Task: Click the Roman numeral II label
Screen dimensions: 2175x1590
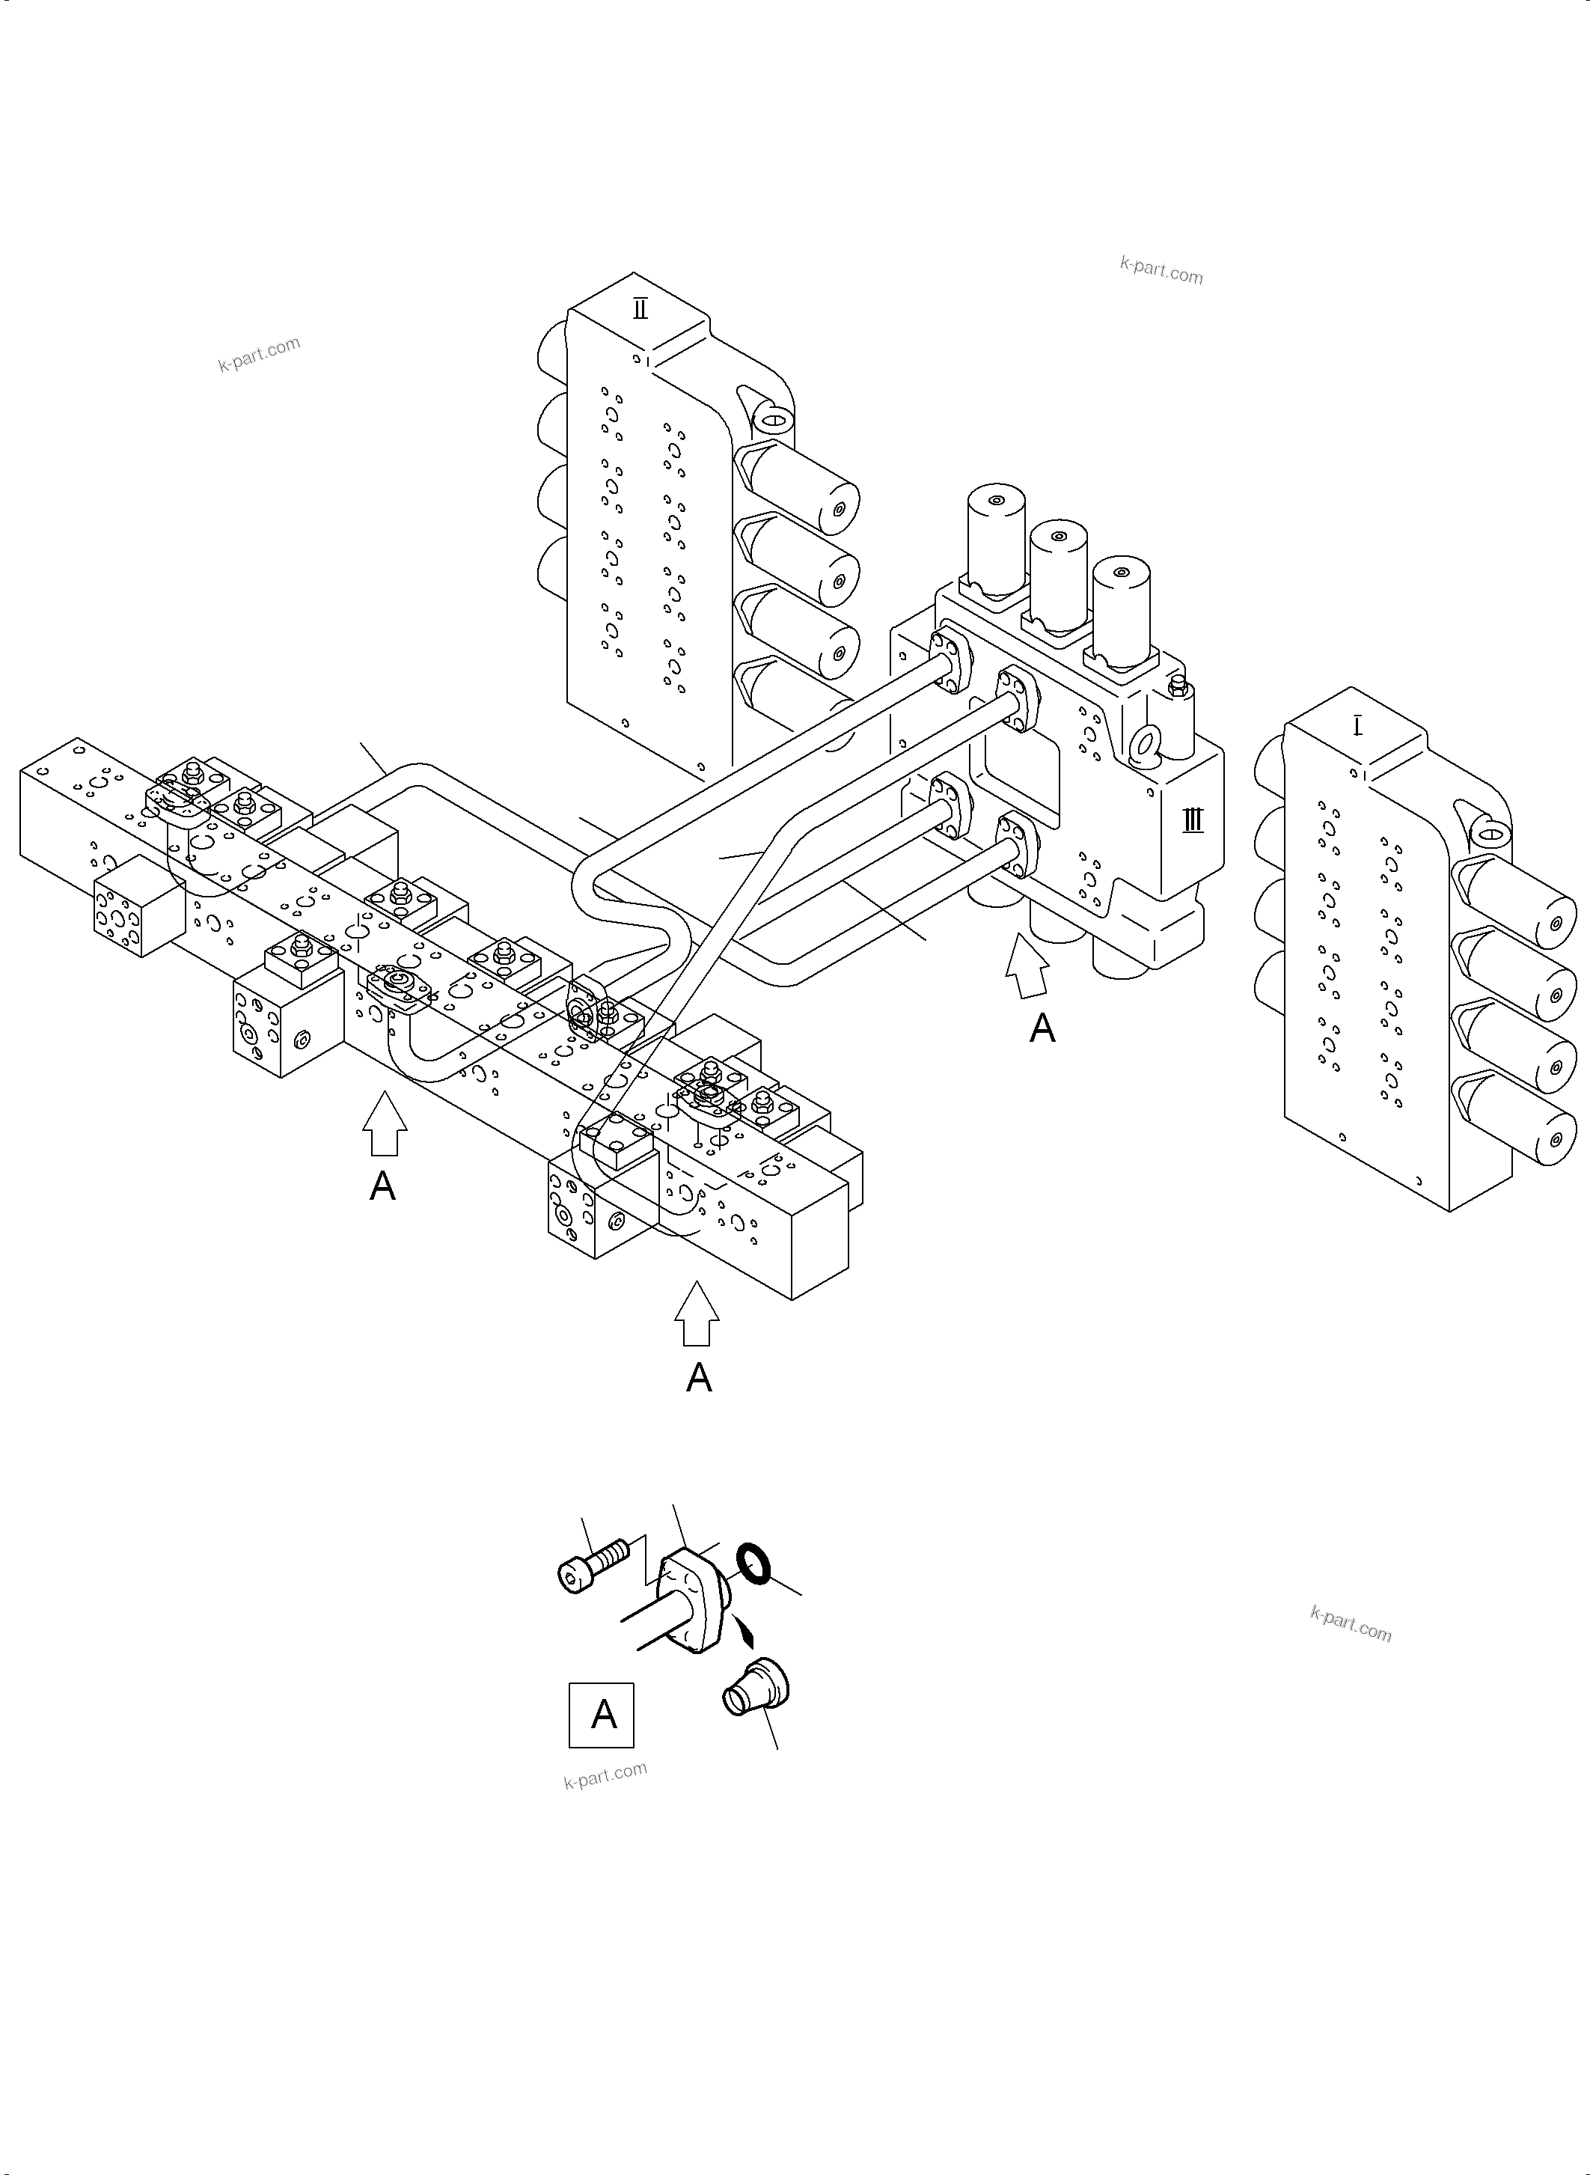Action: [640, 309]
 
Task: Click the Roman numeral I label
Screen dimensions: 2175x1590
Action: [1357, 725]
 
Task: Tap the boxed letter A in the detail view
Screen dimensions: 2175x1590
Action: [602, 1715]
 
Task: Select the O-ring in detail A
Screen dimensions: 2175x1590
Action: [753, 1564]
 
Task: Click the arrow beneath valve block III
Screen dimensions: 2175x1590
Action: [1027, 968]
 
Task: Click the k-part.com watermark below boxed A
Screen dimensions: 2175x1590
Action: [605, 1775]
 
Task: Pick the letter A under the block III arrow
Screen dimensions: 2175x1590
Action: [1042, 1029]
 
